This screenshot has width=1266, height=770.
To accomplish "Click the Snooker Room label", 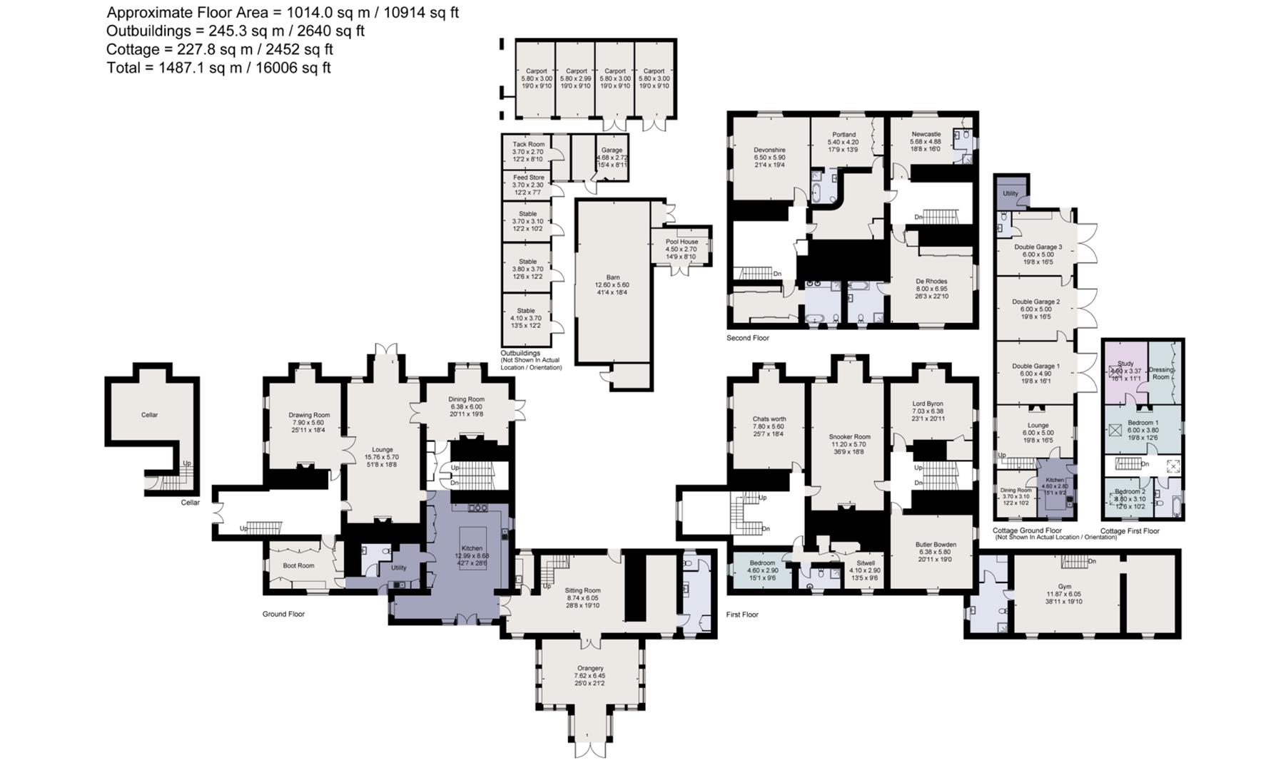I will [x=849, y=436].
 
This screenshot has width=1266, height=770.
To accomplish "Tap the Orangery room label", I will [x=589, y=668].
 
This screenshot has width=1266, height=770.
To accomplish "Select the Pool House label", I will [x=682, y=242].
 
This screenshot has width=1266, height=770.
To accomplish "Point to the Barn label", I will [x=612, y=277].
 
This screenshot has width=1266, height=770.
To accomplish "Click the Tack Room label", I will [x=528, y=144].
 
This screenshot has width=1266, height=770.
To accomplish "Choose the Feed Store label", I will [x=528, y=178].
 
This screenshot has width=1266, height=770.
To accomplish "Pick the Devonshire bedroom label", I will [x=769, y=150].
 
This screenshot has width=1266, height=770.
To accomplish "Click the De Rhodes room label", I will [x=931, y=282].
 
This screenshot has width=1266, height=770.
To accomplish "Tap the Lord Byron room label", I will [x=927, y=404].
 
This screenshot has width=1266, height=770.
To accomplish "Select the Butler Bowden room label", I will [x=935, y=545].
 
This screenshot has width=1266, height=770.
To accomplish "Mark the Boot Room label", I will [x=298, y=565].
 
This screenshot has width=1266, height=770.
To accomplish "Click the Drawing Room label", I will [x=309, y=415].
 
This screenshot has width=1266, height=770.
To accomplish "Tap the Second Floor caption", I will [x=747, y=338].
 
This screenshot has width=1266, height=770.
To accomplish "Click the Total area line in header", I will [x=218, y=68].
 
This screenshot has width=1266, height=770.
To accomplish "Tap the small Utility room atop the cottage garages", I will [x=1010, y=193].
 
